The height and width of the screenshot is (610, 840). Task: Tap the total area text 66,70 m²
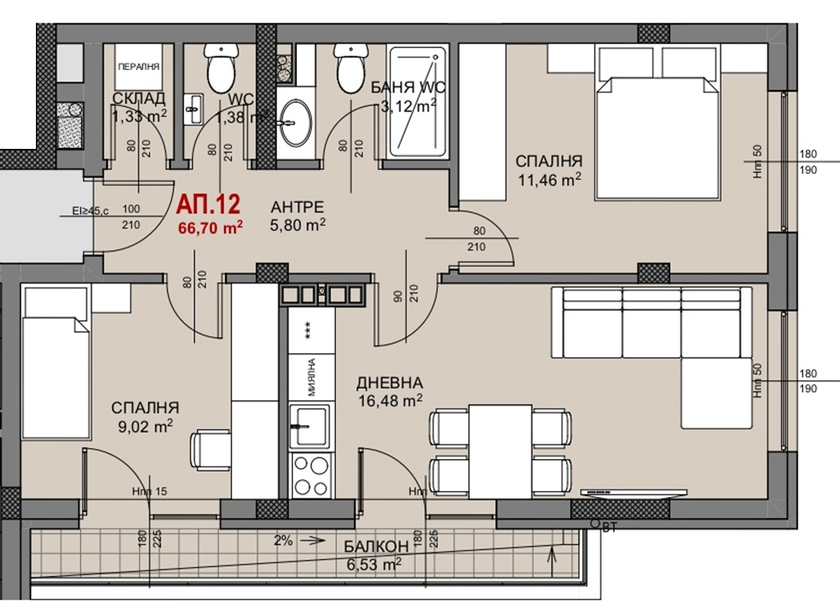(x=210, y=226)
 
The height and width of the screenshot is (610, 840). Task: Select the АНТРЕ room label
(x=298, y=206)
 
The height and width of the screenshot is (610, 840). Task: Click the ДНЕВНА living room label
(x=389, y=383)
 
